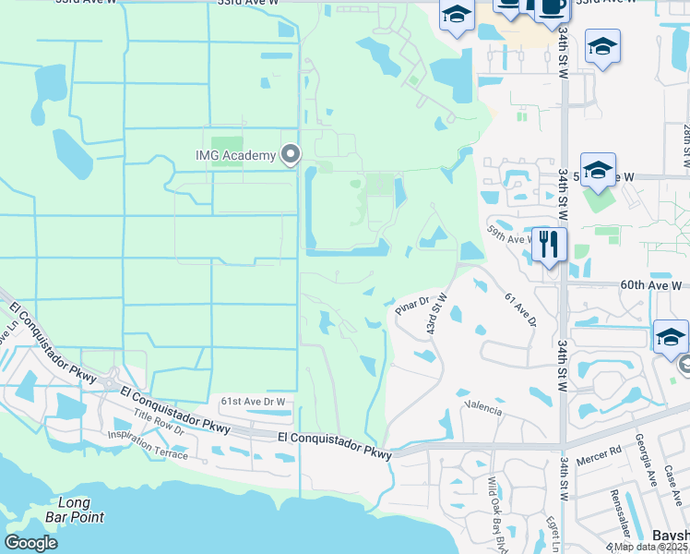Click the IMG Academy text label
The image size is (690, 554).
(235, 155)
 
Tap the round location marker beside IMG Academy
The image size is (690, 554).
(291, 154)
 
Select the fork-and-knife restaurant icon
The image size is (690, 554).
(549, 245)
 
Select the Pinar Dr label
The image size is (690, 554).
(412, 304)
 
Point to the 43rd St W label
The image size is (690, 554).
(435, 315)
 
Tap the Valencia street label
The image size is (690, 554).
(484, 407)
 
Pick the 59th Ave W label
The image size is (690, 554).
(509, 234)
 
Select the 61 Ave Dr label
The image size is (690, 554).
(521, 309)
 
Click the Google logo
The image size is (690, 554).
(30, 543)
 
